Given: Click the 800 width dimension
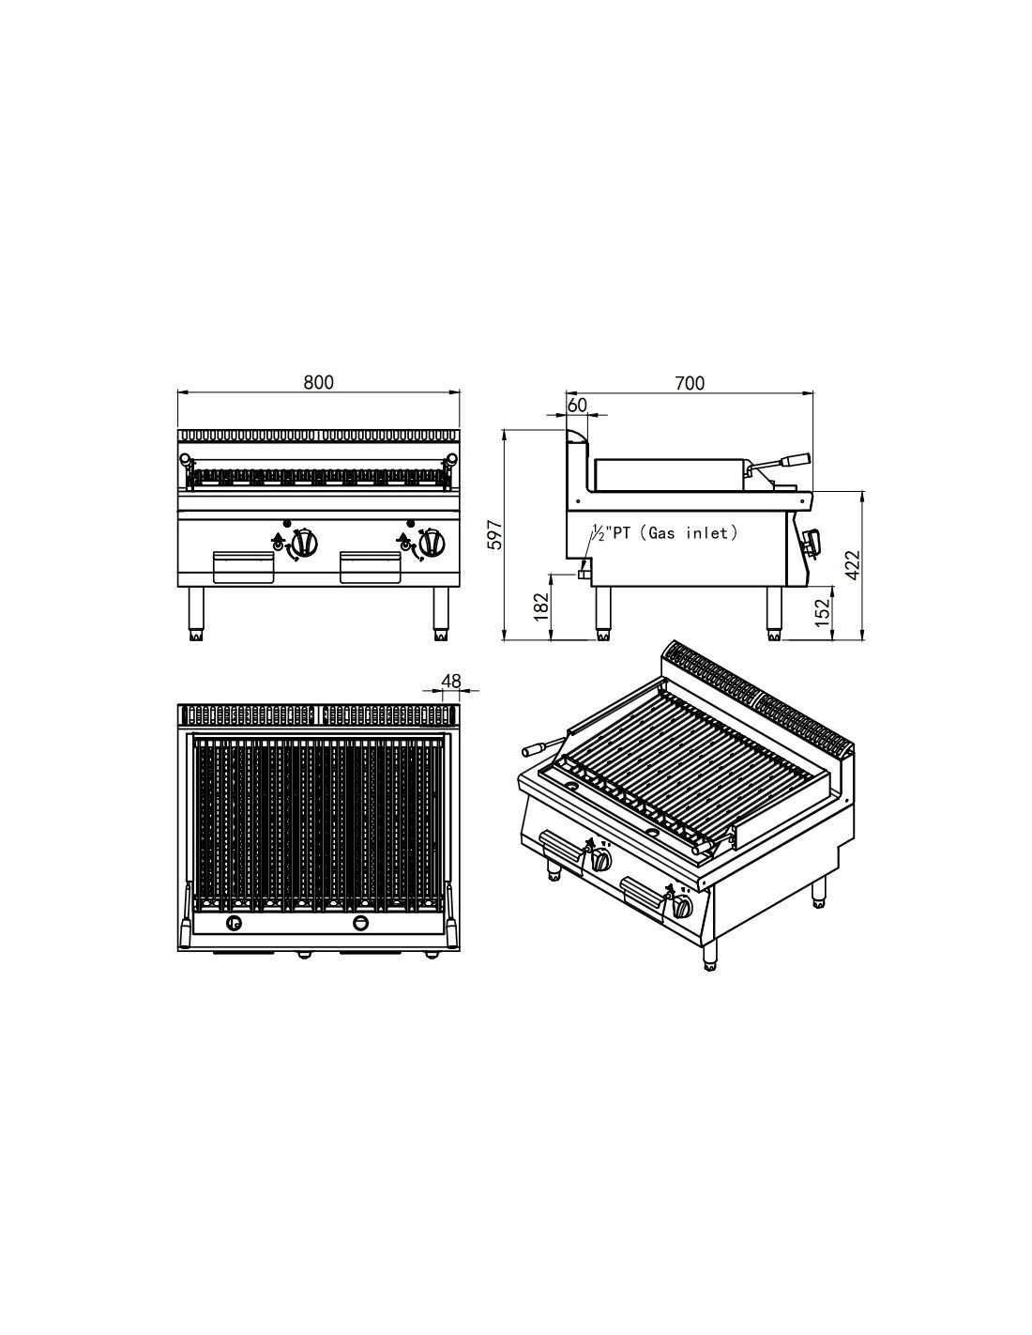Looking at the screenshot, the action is click(x=319, y=382).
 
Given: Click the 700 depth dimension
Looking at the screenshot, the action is click(x=690, y=383).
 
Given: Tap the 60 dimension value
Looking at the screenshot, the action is click(x=577, y=405).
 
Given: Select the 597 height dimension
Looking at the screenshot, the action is click(x=496, y=534).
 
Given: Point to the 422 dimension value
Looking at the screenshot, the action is click(x=853, y=564).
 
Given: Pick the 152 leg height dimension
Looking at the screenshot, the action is click(x=822, y=612).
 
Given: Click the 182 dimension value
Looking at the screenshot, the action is click(x=541, y=606).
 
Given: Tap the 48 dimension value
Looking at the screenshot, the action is click(x=451, y=681).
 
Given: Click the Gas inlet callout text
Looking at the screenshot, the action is click(x=663, y=533).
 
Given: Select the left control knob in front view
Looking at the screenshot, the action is click(x=303, y=543).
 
